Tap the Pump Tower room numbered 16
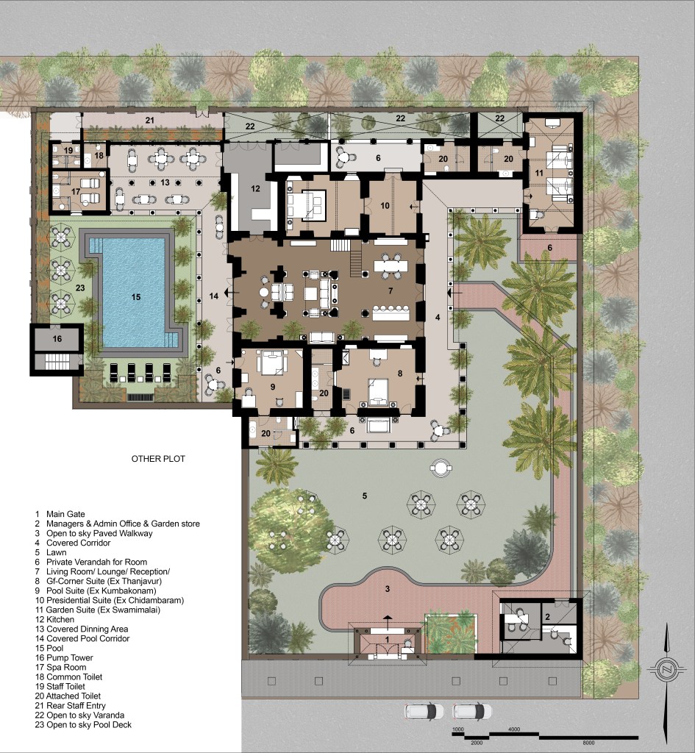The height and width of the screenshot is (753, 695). [x=57, y=339]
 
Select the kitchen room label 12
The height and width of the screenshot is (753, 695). [x=255, y=189]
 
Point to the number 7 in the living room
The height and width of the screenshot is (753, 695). [x=391, y=290]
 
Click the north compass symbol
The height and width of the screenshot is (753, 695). [x=666, y=668]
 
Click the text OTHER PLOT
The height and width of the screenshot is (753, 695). [x=158, y=459]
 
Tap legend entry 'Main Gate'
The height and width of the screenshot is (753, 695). [x=65, y=514]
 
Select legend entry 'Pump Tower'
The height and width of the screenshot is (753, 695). [x=70, y=657]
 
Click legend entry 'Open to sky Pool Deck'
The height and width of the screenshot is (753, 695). [x=89, y=724]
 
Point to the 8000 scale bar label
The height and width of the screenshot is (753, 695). [x=588, y=743]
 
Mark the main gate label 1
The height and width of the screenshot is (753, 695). [x=388, y=640]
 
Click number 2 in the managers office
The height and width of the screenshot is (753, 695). [x=547, y=617]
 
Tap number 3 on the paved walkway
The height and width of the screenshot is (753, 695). [x=388, y=589]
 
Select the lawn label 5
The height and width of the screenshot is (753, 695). [x=365, y=496]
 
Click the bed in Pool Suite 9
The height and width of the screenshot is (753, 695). [x=272, y=363]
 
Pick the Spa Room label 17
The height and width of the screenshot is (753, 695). [x=76, y=192]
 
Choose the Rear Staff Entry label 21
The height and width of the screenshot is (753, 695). [x=150, y=120]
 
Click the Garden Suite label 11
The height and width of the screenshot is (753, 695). [x=538, y=173]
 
